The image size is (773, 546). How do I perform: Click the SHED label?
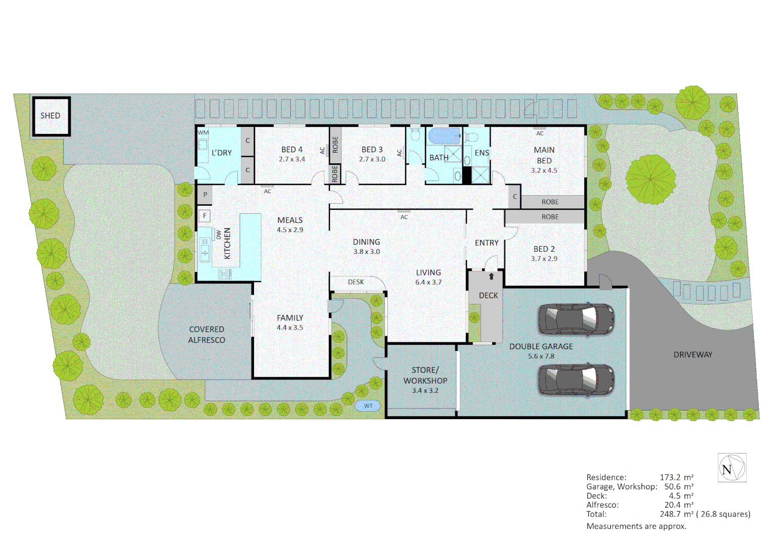50,116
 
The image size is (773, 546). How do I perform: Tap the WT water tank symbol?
368,406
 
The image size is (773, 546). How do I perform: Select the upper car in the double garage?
576,320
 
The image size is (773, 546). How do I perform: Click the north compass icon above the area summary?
732,468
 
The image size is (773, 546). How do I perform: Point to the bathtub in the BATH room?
444,136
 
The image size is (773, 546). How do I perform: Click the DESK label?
356,282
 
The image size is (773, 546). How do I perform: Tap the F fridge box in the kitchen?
205,215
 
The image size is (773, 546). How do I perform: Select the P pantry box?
205,195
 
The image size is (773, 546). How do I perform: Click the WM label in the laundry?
203,133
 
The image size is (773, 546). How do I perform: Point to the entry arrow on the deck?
491,277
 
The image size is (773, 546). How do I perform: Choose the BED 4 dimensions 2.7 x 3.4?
292,159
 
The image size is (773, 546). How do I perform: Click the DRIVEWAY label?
693,355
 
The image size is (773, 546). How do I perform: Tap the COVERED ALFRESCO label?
206,335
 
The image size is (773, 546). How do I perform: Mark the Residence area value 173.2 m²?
676,477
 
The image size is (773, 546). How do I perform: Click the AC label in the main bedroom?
540,133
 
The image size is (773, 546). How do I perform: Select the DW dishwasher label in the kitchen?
219,235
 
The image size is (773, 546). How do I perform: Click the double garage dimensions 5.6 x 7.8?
541,356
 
